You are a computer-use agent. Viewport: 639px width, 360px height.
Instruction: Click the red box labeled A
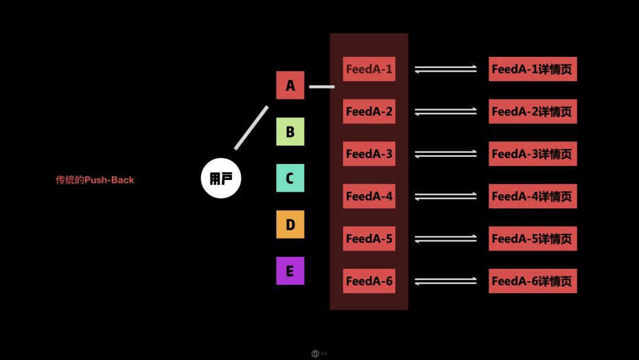290,85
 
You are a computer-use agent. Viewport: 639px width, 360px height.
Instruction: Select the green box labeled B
290,131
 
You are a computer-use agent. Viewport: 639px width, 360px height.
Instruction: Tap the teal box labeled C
290,178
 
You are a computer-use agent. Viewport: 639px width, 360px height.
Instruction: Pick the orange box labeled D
290,224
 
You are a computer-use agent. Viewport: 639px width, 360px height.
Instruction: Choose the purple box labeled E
290,271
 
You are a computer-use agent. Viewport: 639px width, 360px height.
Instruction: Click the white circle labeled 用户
221,178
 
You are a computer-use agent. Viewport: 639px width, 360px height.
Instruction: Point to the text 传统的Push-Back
95,180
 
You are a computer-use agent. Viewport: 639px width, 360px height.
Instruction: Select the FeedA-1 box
369,69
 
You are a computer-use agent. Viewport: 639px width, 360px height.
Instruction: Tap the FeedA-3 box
369,154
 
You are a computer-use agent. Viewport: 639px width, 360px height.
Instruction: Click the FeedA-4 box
369,196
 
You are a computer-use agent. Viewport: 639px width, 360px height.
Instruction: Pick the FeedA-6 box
369,281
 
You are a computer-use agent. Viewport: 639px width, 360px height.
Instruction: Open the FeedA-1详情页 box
532,69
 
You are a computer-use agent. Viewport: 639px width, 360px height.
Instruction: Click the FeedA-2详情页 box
532,111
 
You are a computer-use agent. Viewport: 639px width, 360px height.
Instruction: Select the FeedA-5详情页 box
532,239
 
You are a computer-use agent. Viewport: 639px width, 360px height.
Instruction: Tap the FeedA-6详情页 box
532,281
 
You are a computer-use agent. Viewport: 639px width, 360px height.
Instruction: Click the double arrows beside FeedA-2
446,111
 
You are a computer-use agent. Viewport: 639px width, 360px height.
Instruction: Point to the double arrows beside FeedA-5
446,239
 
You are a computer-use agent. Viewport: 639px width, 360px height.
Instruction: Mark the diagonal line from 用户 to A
251,127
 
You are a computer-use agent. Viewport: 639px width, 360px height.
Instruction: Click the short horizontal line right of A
322,86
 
